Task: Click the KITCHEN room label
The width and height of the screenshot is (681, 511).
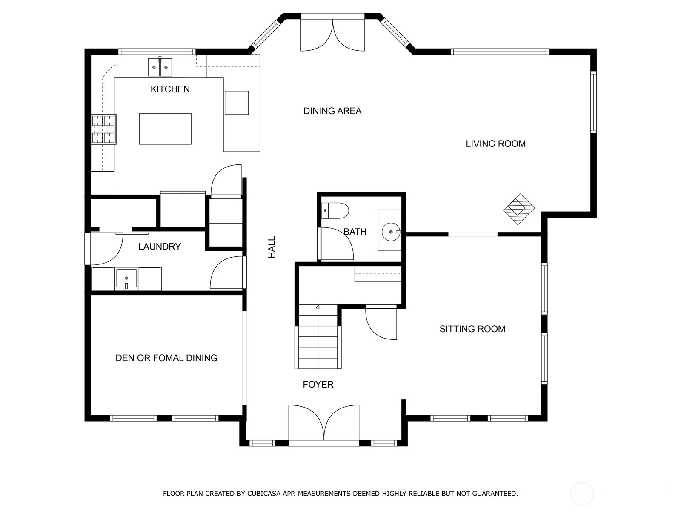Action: pos(170,89)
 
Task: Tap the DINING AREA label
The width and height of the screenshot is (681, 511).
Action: pos(332,111)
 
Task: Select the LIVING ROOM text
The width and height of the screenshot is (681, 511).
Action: pos(495,144)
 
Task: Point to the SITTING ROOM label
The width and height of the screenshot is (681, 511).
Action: pos(472,329)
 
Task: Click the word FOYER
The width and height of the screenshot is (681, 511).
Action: pos(318,385)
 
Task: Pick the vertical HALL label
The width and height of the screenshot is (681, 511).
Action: pos(272,247)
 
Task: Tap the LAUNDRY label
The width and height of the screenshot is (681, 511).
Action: pos(160,247)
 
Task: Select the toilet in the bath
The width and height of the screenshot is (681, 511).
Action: pos(335,211)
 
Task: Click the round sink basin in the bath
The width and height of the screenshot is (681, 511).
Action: pos(391,232)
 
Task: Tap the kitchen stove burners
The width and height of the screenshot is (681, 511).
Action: pos(103,129)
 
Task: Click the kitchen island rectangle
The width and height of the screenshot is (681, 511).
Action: pos(165,129)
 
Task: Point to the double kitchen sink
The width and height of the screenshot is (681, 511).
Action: pos(160,67)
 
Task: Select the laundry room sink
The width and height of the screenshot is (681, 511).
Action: pos(126,278)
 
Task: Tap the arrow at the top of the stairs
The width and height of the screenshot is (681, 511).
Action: pos(318,307)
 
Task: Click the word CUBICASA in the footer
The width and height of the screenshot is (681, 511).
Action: pos(262,493)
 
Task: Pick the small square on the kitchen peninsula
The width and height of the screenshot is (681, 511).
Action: pos(237,103)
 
